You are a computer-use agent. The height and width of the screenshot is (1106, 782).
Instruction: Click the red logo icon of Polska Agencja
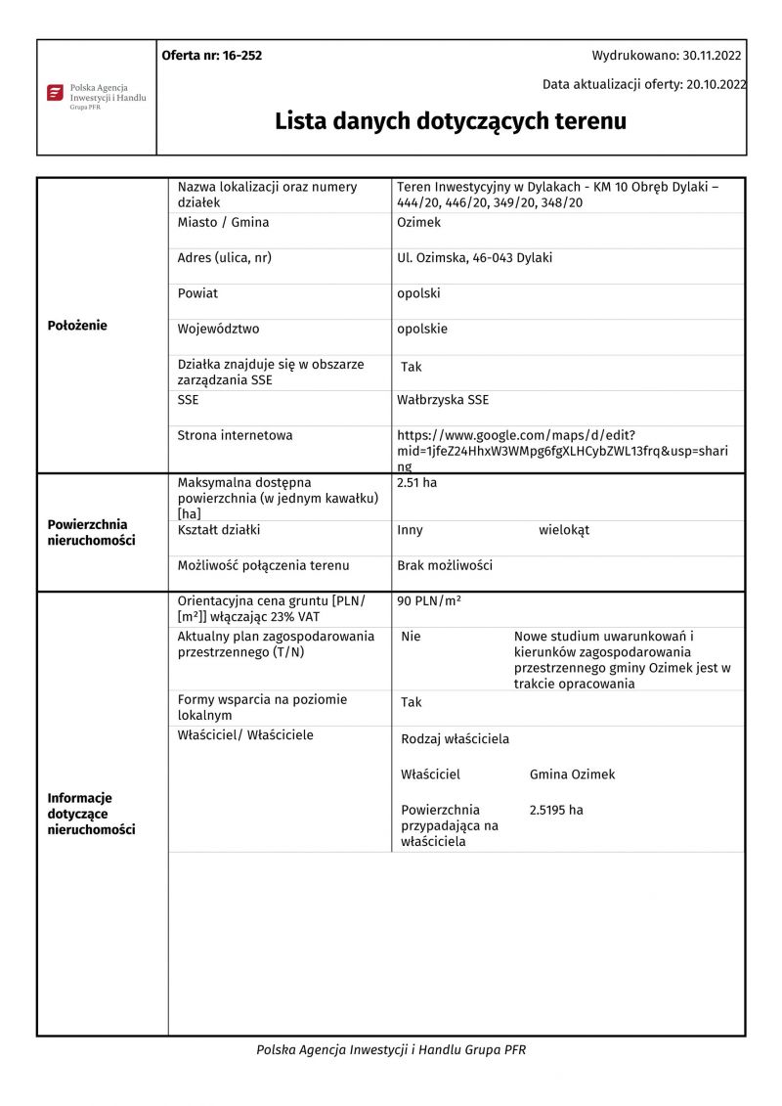click(55, 93)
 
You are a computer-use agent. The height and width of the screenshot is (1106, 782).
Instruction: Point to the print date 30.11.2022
click(712, 56)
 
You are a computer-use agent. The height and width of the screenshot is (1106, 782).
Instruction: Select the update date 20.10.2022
click(717, 84)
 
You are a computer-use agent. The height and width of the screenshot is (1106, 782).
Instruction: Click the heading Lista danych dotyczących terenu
click(450, 121)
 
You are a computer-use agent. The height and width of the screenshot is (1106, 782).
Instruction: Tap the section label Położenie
click(77, 326)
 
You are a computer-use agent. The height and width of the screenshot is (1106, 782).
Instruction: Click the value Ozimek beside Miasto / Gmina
click(418, 222)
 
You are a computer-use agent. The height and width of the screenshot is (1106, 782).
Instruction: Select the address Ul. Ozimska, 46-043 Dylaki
click(474, 258)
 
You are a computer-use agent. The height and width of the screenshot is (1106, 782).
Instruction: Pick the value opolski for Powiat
click(418, 293)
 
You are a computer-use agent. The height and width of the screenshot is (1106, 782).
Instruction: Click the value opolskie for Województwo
click(422, 329)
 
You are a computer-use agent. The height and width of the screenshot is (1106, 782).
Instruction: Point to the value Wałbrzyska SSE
click(443, 400)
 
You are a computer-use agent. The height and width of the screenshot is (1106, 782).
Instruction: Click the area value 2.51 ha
click(416, 483)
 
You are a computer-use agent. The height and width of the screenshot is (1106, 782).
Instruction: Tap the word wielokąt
click(564, 530)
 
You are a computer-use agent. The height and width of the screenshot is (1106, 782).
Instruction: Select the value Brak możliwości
click(445, 565)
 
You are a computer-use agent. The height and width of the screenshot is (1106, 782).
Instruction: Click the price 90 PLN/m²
click(429, 600)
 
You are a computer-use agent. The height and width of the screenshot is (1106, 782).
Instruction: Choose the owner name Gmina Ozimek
click(572, 774)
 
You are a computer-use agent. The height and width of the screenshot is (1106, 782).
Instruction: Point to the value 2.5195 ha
click(556, 810)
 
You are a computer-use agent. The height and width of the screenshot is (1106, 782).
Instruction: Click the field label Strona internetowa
click(235, 435)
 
